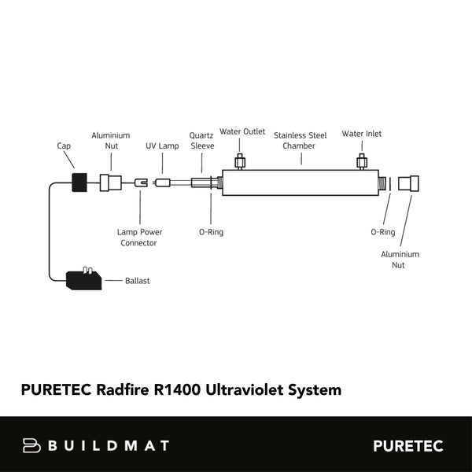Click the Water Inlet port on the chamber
tap(362, 162)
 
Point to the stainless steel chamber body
tap(300, 184)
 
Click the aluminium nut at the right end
tap(407, 184)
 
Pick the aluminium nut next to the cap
tap(111, 183)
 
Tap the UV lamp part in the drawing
tap(163, 183)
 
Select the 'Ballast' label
tap(137, 280)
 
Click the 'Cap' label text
tap(65, 146)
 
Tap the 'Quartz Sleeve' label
tap(202, 140)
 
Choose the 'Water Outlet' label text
tap(242, 131)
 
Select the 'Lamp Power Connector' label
tap(139, 238)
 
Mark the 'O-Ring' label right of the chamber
tap(382, 232)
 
